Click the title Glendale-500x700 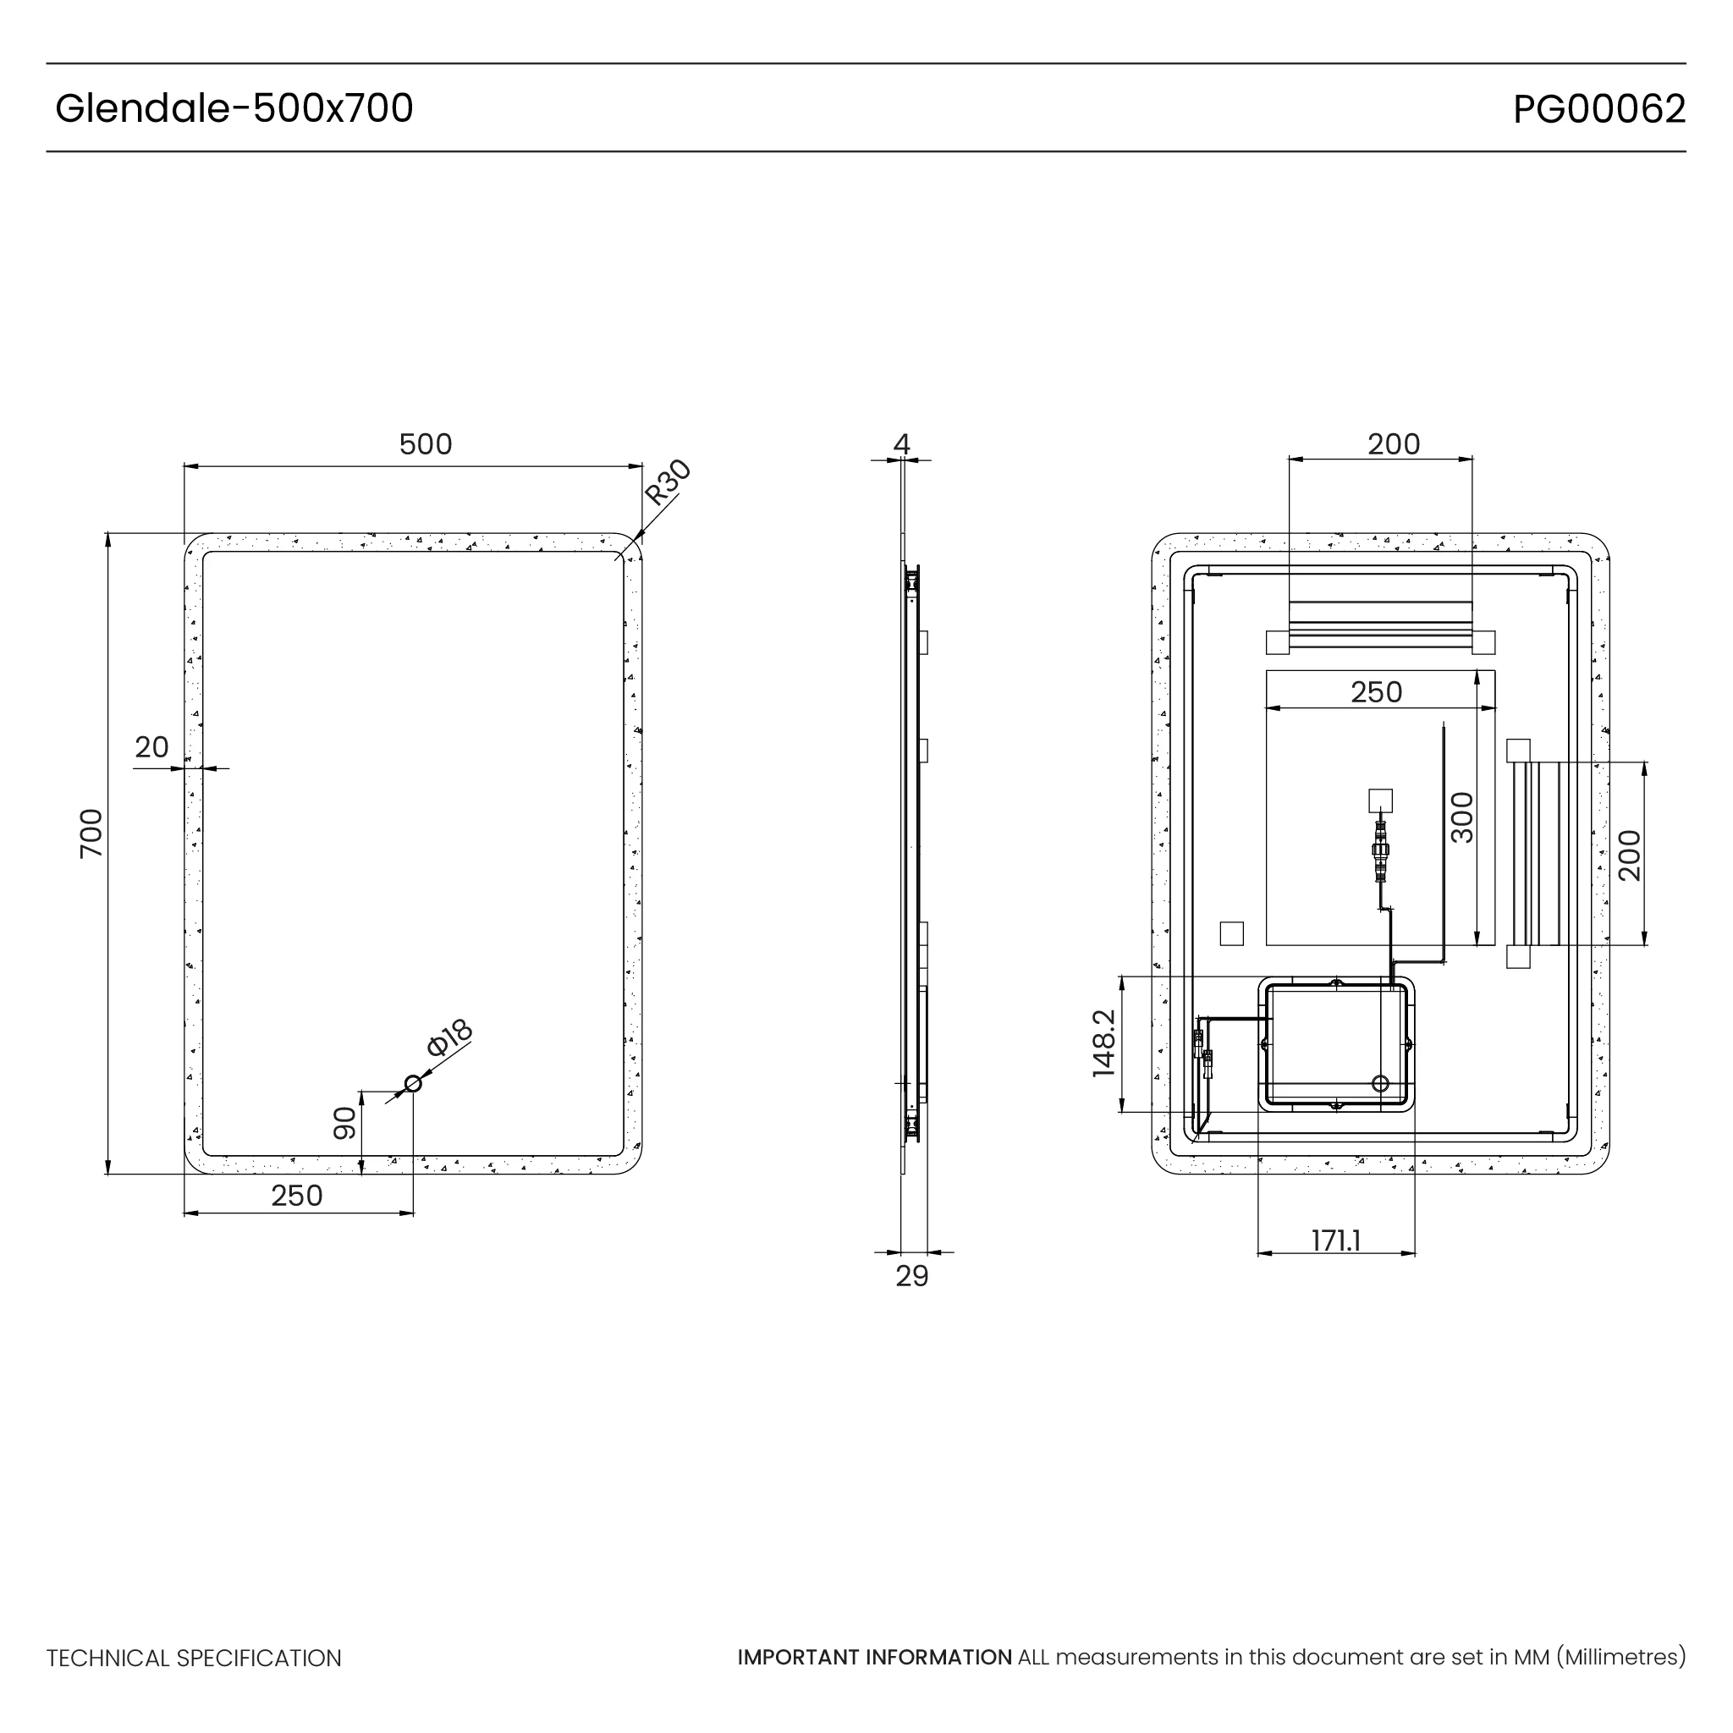click(x=234, y=108)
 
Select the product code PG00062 click(x=1598, y=109)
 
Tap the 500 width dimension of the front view click(x=425, y=444)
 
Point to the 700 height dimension click(x=91, y=833)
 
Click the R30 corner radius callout click(x=668, y=482)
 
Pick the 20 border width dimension click(x=151, y=746)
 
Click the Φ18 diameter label click(x=449, y=1037)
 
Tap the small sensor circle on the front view click(x=414, y=1084)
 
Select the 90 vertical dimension click(x=345, y=1122)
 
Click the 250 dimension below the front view click(x=297, y=1196)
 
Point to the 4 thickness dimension click(x=901, y=444)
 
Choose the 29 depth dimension click(x=912, y=1276)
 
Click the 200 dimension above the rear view click(x=1394, y=444)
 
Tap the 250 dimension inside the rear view click(x=1376, y=691)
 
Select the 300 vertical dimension click(x=1462, y=817)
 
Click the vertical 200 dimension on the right click(x=1630, y=855)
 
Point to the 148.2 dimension click(x=1104, y=1043)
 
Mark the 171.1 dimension click(x=1335, y=1241)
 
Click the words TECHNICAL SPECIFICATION click(x=194, y=1659)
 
